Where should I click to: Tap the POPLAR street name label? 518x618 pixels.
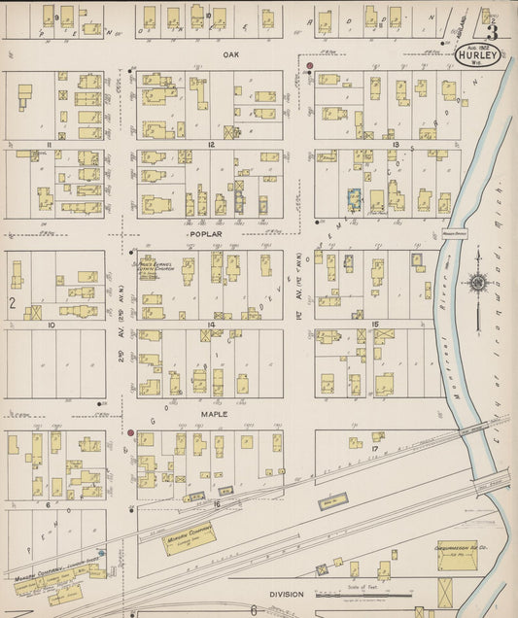point(206,234)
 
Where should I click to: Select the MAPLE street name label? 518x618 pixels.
point(214,414)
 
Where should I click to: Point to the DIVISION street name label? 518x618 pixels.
point(288,594)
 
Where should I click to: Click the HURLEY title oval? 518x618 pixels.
point(478,55)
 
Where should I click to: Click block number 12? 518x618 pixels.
point(210,145)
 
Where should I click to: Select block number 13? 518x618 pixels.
point(396,145)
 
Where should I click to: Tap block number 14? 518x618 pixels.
point(210,325)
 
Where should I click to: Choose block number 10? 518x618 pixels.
point(51,325)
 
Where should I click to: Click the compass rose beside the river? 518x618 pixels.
point(478,284)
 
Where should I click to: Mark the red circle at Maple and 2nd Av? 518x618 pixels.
point(130,431)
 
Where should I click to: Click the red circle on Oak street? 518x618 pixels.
point(310,67)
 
